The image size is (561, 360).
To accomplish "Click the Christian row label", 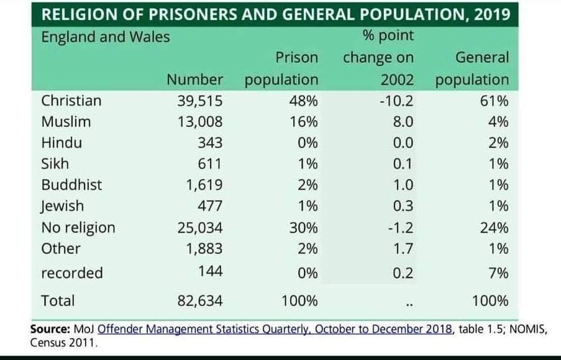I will tap(71, 101).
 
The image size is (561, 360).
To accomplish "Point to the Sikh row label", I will tap(55, 164).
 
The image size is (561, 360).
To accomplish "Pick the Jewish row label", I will tap(62, 206).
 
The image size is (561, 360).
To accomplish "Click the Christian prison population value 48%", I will tap(303, 101).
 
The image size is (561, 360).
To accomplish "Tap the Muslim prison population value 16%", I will tap(303, 122).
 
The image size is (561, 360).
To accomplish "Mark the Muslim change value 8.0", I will tap(403, 122).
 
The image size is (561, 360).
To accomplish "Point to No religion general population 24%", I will tap(494, 228).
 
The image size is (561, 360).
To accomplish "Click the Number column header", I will tap(194, 80).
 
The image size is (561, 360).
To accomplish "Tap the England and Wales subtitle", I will tap(105, 37).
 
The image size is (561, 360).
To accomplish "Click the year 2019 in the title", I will tap(491, 14).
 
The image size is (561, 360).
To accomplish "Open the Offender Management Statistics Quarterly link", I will tap(275, 330).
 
